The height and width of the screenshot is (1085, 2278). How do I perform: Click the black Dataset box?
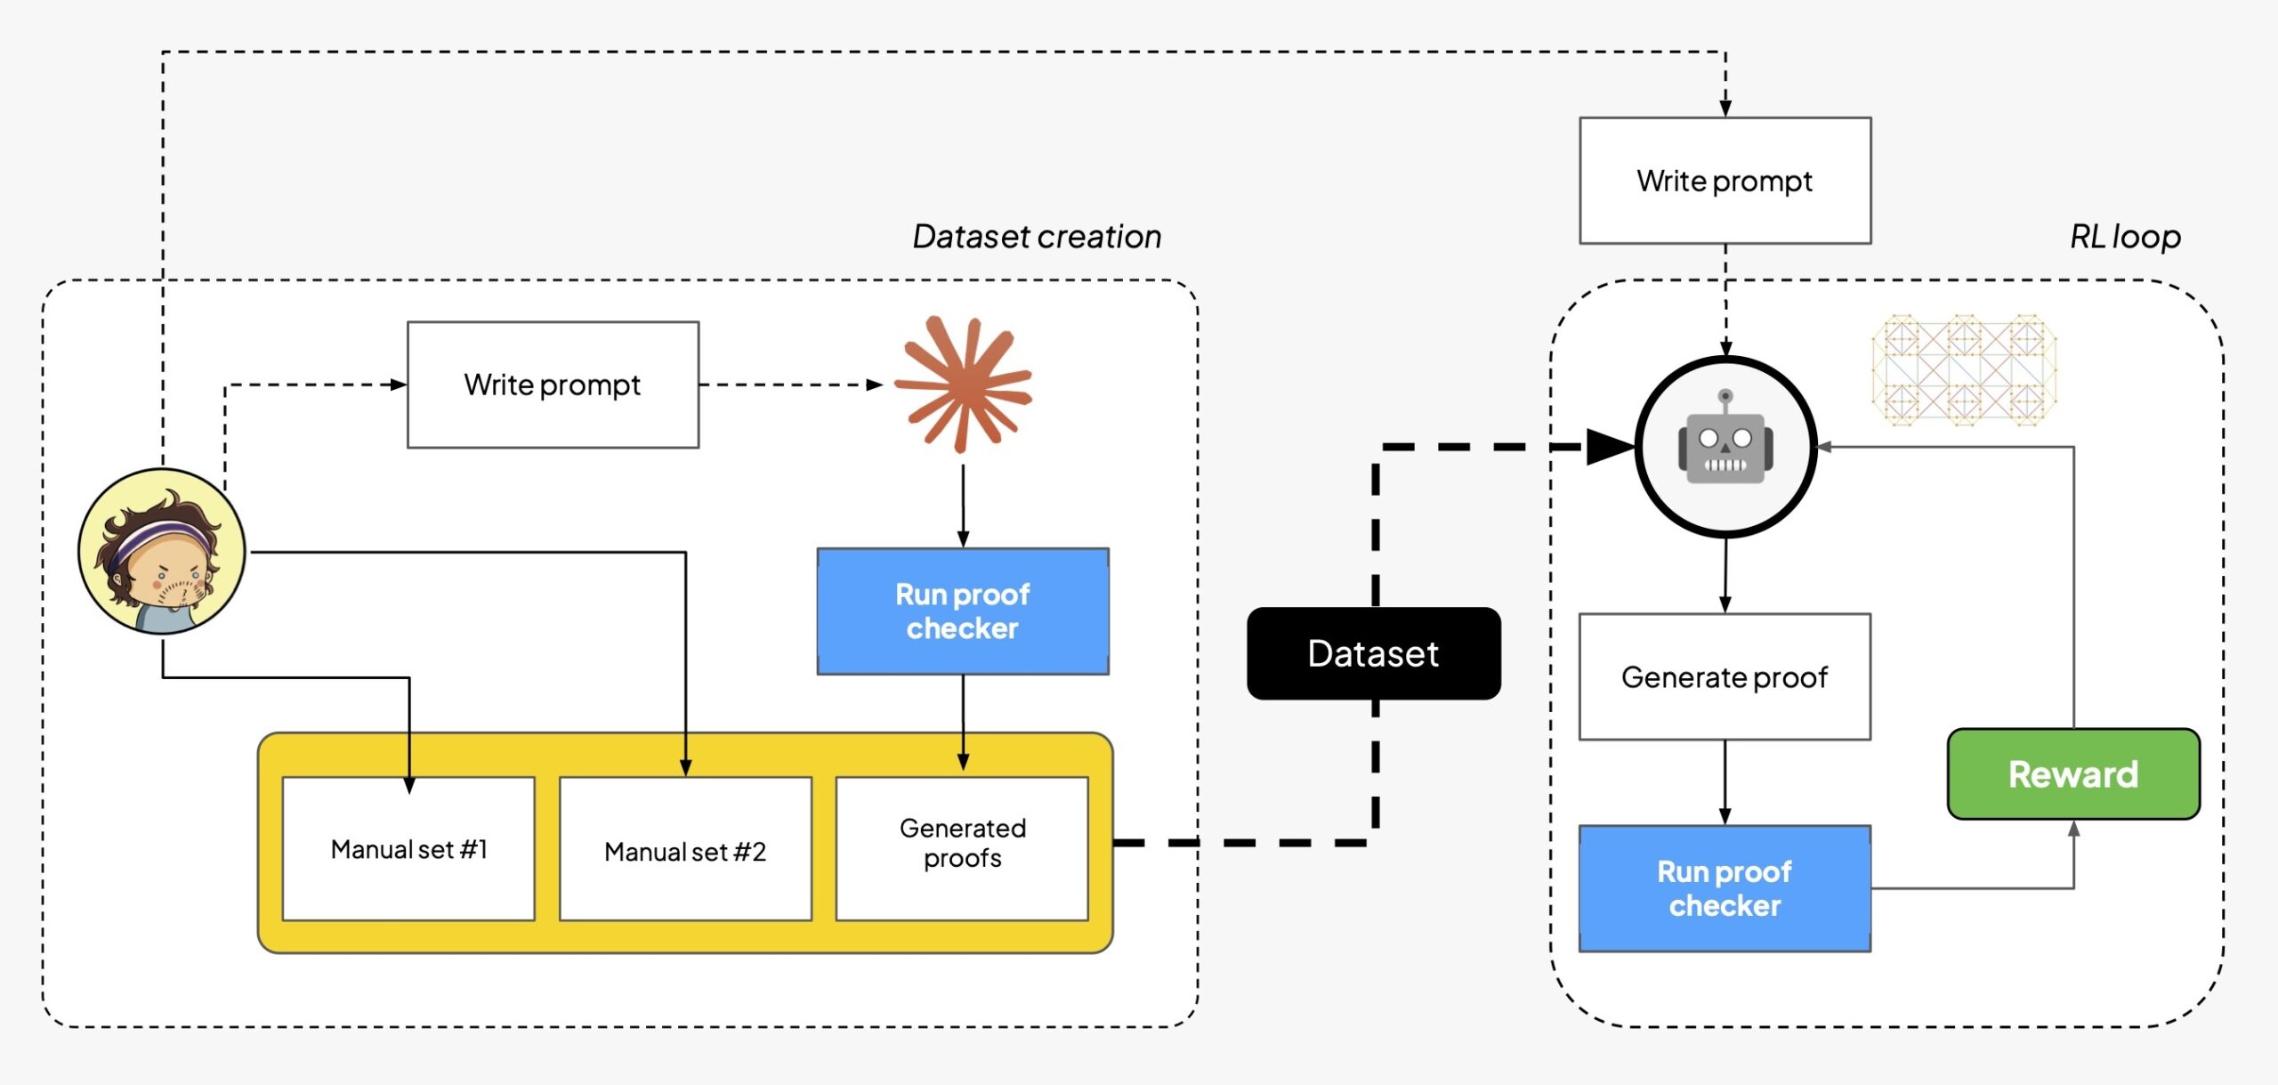1373,653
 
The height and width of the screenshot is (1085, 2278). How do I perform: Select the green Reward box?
2072,773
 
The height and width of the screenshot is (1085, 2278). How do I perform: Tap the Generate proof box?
1724,676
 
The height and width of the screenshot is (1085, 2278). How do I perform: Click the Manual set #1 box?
408,849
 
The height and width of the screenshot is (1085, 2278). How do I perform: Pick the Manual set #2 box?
685,851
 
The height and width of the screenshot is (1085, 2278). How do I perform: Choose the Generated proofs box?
962,844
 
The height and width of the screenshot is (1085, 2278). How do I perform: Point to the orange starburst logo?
963,385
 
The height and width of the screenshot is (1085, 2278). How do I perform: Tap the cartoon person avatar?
161,551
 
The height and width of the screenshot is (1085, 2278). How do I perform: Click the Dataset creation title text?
1037,237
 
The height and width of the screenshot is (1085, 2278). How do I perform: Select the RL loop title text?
2125,237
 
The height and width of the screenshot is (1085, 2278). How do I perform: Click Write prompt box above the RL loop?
1725,181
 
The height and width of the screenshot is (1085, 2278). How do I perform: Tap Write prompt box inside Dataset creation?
553,385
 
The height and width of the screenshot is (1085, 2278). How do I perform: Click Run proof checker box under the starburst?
962,611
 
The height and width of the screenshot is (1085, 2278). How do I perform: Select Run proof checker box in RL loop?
1724,888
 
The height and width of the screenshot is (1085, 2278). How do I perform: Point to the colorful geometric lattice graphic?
1964,369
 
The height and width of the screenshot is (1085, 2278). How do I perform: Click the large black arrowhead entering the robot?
1609,447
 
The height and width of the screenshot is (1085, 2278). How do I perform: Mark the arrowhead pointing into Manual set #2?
685,767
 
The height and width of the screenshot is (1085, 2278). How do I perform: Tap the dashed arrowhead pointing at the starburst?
875,385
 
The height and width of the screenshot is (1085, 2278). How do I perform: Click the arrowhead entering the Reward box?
2073,829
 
